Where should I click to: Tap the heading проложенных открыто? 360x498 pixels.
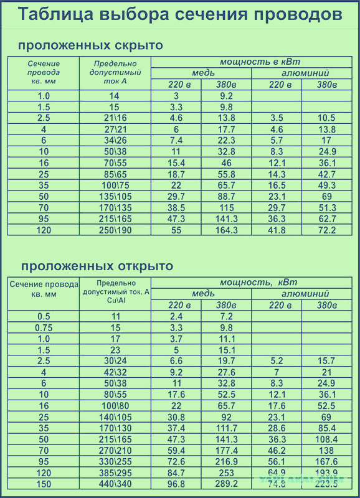point(97,266)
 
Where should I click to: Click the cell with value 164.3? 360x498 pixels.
point(226,230)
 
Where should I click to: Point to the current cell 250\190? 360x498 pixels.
point(115,230)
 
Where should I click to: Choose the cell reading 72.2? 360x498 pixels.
point(326,230)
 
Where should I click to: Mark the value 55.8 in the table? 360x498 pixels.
point(226,174)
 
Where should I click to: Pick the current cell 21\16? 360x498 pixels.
point(115,118)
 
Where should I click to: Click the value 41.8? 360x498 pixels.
point(277,230)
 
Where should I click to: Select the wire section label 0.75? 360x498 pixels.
point(44,327)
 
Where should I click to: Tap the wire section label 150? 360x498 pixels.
point(44,484)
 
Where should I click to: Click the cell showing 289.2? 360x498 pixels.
point(226,484)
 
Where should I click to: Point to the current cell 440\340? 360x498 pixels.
point(115,484)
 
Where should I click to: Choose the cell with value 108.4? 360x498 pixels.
point(326,439)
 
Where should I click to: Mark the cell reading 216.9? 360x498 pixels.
point(226,461)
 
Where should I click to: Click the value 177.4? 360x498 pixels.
point(226,450)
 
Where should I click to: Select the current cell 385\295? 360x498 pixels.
point(115,472)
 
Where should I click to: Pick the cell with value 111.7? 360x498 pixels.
point(226,428)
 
